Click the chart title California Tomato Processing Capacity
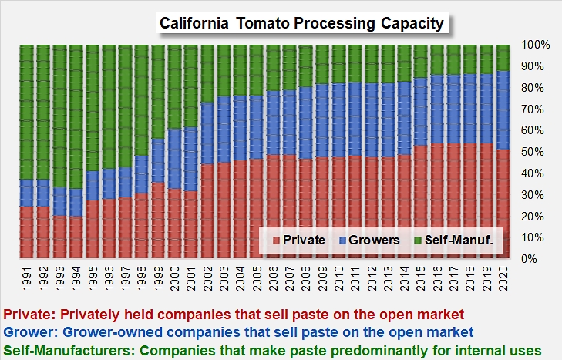301,23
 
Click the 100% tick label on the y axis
536,45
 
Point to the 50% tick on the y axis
536,152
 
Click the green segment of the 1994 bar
76,116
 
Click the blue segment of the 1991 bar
27,193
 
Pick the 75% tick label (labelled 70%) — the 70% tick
536,109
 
